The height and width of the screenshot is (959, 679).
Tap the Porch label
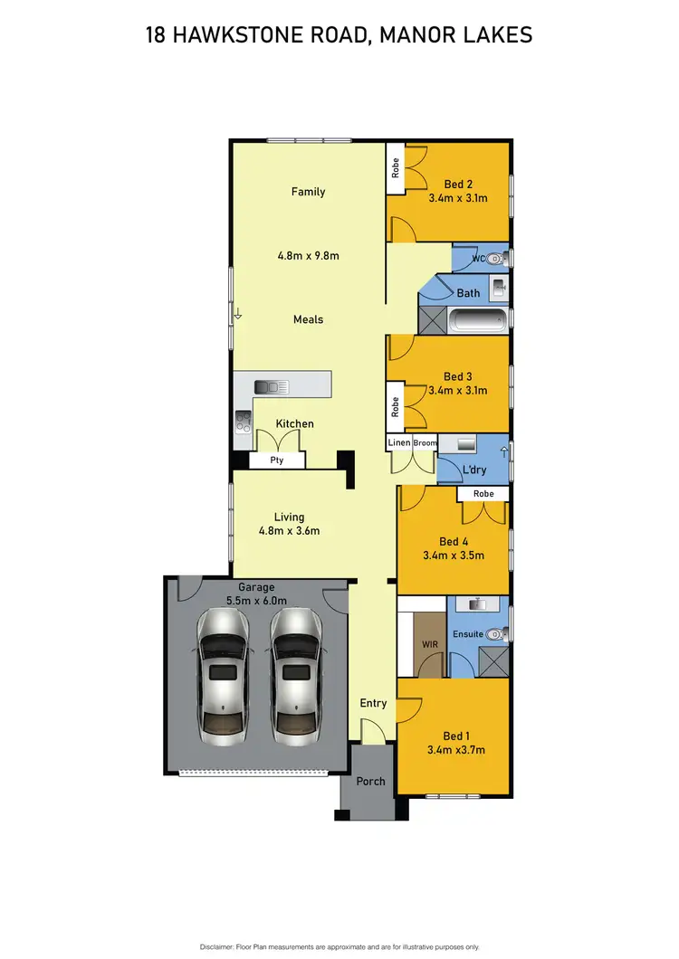tap(370, 781)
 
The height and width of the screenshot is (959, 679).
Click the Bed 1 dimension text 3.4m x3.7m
tap(455, 750)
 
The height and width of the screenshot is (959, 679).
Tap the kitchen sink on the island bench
tap(271, 386)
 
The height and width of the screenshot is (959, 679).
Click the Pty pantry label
tap(277, 461)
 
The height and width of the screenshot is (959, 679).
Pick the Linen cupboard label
tap(399, 442)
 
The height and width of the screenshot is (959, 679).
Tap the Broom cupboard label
tap(425, 442)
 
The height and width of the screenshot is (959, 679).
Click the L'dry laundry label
tap(474, 471)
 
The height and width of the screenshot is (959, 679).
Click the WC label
tap(479, 260)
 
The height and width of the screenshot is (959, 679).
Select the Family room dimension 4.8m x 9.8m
tap(308, 255)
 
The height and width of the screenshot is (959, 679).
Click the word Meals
tap(308, 319)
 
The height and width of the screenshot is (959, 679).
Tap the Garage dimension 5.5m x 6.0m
tap(256, 600)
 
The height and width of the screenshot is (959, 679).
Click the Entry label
tap(373, 703)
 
